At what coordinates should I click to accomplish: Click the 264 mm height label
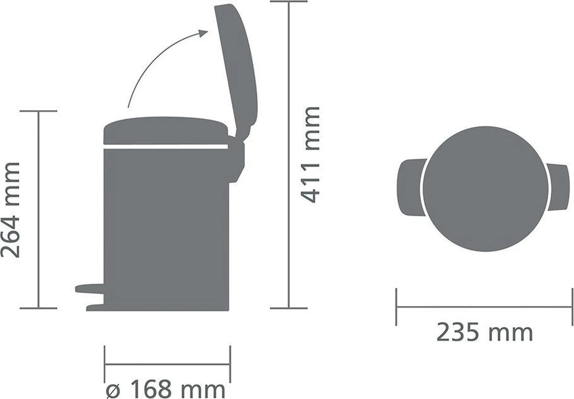(x=11, y=210)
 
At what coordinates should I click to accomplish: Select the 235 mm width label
(x=484, y=332)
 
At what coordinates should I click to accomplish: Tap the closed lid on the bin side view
(x=165, y=129)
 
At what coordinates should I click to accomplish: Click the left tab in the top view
(x=410, y=184)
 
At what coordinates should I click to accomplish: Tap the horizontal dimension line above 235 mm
(x=484, y=307)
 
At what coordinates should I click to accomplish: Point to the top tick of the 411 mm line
(x=288, y=2)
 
